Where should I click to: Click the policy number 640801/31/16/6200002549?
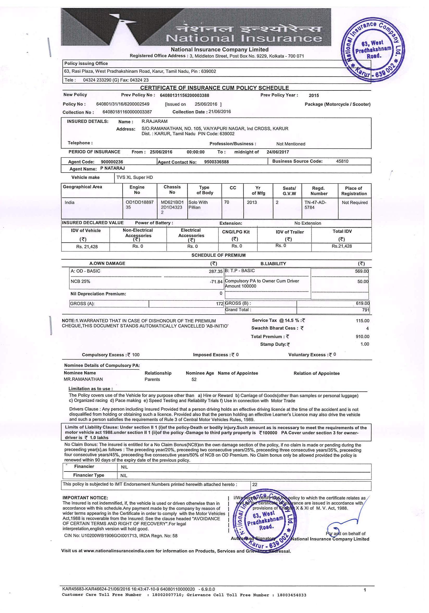[x=123, y=104]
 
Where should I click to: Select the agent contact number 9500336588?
[x=216, y=162]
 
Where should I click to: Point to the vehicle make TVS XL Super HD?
[x=134, y=177]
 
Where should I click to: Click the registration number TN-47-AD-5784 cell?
[x=315, y=205]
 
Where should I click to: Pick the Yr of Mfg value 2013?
[x=252, y=202]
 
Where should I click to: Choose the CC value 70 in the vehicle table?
[x=226, y=202]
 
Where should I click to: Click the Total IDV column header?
[x=342, y=231]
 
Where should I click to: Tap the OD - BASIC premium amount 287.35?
[x=216, y=272]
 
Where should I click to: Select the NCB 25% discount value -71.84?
[x=216, y=282]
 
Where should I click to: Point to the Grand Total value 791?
[x=366, y=310]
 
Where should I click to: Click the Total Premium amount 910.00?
[x=362, y=337]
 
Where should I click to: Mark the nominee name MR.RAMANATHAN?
[x=83, y=379]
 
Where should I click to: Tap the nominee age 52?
[x=194, y=379]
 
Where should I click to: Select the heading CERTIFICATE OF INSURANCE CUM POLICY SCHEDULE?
[x=214, y=88]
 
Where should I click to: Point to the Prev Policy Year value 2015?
[x=314, y=95]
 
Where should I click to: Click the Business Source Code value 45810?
[x=342, y=161]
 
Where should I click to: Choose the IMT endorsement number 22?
[x=255, y=485]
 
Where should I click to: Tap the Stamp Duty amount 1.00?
[x=365, y=344]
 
